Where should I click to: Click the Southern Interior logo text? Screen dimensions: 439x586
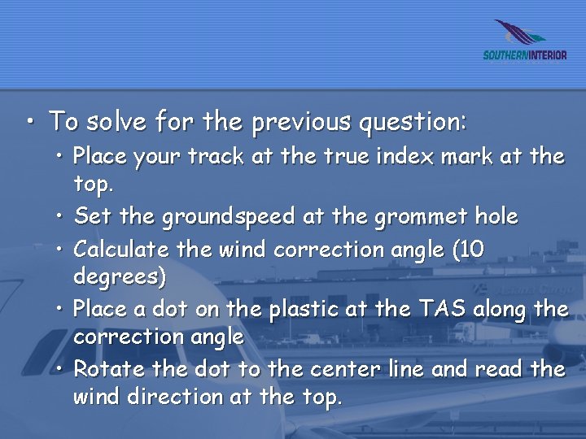[525, 55]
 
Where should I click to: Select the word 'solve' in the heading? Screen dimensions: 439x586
[116, 122]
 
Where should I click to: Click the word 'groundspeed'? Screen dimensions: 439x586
[230, 217]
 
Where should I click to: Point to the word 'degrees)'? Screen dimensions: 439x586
[120, 277]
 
